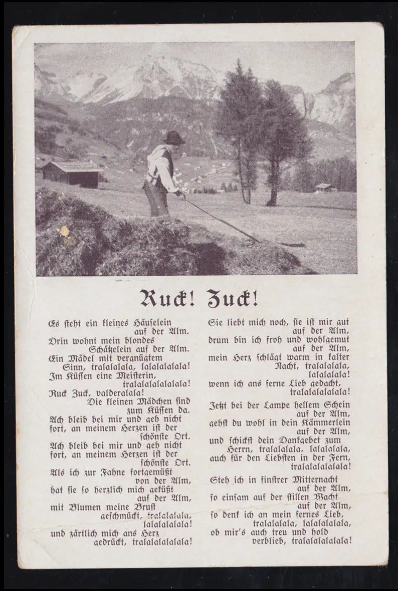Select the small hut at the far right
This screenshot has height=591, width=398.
325,187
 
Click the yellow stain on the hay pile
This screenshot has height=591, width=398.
65,232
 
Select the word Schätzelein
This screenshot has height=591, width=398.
114,349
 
